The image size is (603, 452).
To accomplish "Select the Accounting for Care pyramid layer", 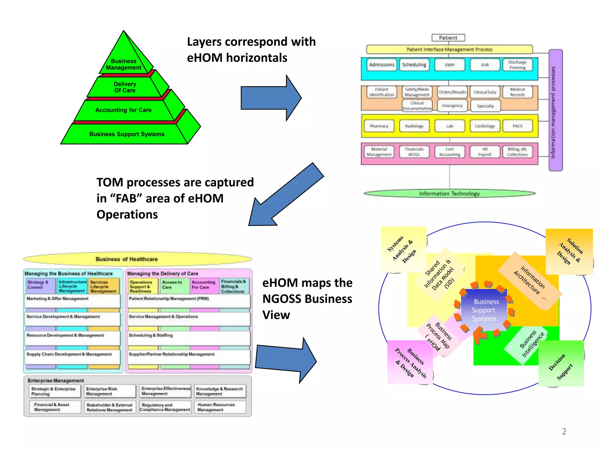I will coord(123,110).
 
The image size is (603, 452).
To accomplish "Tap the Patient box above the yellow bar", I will coord(448,38).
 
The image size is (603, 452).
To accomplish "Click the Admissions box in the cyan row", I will coord(382,65).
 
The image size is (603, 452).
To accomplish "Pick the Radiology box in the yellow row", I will coord(414,126).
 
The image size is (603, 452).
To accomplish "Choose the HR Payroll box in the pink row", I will coord(485,152).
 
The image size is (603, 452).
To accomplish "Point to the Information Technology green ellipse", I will coord(449,193).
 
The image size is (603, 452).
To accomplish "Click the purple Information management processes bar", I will coord(555,110).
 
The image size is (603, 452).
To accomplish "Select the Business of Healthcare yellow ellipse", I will coord(138,259).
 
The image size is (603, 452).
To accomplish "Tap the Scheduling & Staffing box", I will coord(188,338).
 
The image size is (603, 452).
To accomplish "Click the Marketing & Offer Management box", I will coord(72,301).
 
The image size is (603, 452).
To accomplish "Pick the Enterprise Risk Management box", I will coord(110,391).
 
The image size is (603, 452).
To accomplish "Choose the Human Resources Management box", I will coord(220,407).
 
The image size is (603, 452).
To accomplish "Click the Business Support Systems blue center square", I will coord(484,310).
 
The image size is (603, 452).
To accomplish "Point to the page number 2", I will coord(564,431).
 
